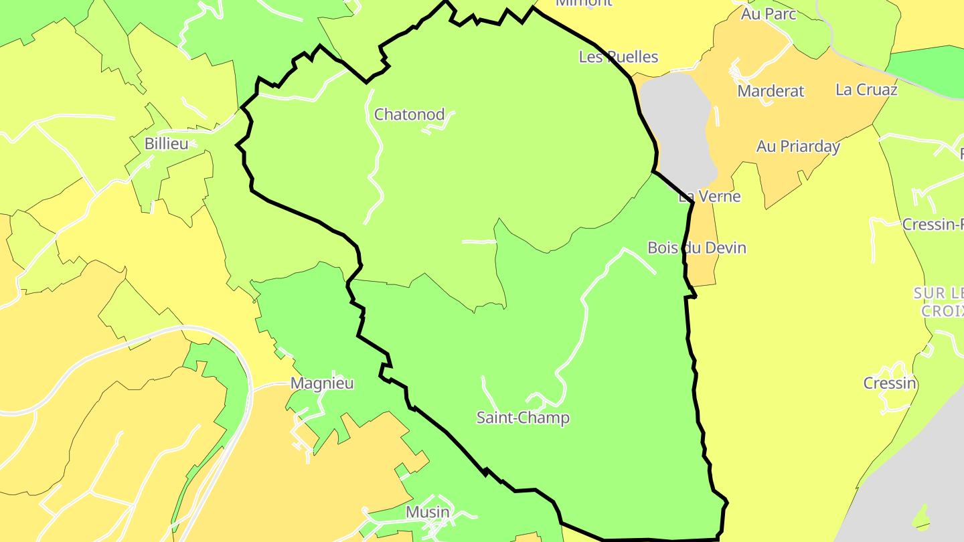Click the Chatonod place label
409,114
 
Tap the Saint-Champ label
523,418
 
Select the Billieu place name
167,143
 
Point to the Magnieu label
322,383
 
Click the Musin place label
428,512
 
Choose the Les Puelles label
619,57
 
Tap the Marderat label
771,91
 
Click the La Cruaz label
866,89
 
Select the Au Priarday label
798,146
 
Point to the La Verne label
710,196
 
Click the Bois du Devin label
697,248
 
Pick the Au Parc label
769,13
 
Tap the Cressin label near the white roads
889,383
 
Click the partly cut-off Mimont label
584,3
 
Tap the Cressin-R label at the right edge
933,224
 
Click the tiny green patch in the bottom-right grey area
922,518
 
